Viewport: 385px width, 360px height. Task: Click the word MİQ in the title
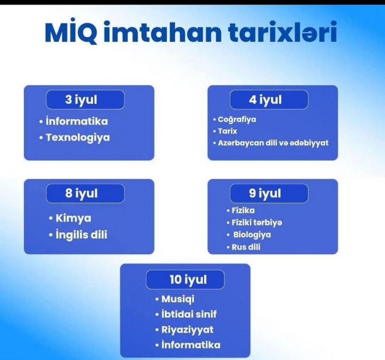[x=71, y=32]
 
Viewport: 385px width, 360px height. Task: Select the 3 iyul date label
[x=81, y=100]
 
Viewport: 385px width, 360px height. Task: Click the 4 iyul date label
[x=265, y=100]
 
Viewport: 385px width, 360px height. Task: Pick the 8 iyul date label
[x=81, y=193]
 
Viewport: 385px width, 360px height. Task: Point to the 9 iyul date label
[x=265, y=193]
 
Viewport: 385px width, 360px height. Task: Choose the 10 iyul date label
[x=188, y=280]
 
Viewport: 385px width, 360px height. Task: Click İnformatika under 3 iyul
[x=77, y=121]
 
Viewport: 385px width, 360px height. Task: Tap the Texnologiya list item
[x=78, y=138]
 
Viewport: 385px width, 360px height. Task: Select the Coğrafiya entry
[x=237, y=119]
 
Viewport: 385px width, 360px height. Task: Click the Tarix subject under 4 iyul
[x=227, y=131]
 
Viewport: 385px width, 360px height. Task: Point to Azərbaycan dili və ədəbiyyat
[x=273, y=142]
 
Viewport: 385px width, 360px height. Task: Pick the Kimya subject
[x=74, y=219]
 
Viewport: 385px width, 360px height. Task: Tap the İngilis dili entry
[x=81, y=234]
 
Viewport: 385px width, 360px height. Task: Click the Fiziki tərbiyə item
[x=257, y=222]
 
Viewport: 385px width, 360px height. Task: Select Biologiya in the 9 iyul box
[x=252, y=235]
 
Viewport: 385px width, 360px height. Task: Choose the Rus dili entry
[x=246, y=247]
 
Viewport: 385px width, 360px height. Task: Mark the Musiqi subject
[x=178, y=299]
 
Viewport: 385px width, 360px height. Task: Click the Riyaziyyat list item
[x=187, y=330]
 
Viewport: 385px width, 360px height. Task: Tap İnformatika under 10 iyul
[x=191, y=345]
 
